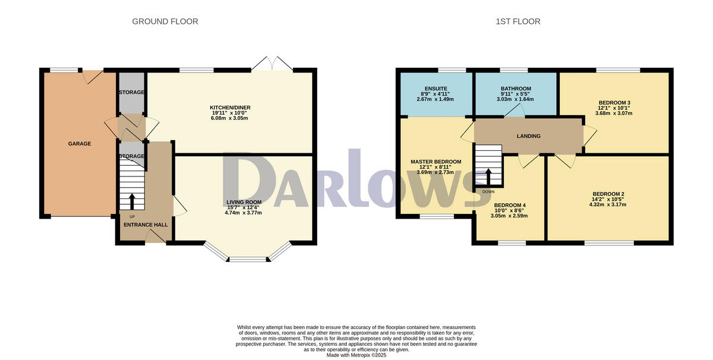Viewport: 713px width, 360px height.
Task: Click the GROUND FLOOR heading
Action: tap(165, 21)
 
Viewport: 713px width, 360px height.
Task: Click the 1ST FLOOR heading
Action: tap(518, 21)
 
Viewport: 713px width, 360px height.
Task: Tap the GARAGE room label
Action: tap(79, 143)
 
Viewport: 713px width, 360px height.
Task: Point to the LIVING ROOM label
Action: tap(243, 202)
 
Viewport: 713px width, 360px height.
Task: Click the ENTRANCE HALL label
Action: tap(145, 225)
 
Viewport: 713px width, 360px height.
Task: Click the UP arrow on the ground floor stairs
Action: tap(132, 200)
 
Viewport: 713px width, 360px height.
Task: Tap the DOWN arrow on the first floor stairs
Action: tap(488, 176)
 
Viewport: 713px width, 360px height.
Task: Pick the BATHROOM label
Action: tap(515, 89)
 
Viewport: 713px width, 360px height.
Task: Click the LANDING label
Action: tap(528, 136)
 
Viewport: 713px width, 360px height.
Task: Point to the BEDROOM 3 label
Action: tap(615, 102)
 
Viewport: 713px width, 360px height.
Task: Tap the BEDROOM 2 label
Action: tap(608, 194)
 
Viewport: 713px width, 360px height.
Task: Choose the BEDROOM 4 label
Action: tap(510, 205)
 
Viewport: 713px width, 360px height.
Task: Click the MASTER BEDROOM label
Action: tap(436, 162)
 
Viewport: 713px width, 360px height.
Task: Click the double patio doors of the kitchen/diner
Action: tap(272, 64)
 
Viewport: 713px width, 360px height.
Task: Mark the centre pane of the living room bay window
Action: tap(248, 259)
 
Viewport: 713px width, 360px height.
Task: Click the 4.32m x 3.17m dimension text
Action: tap(608, 204)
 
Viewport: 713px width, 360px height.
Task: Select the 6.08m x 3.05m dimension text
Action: tap(229, 118)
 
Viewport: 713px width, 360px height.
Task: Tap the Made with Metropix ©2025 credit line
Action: tap(356, 355)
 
